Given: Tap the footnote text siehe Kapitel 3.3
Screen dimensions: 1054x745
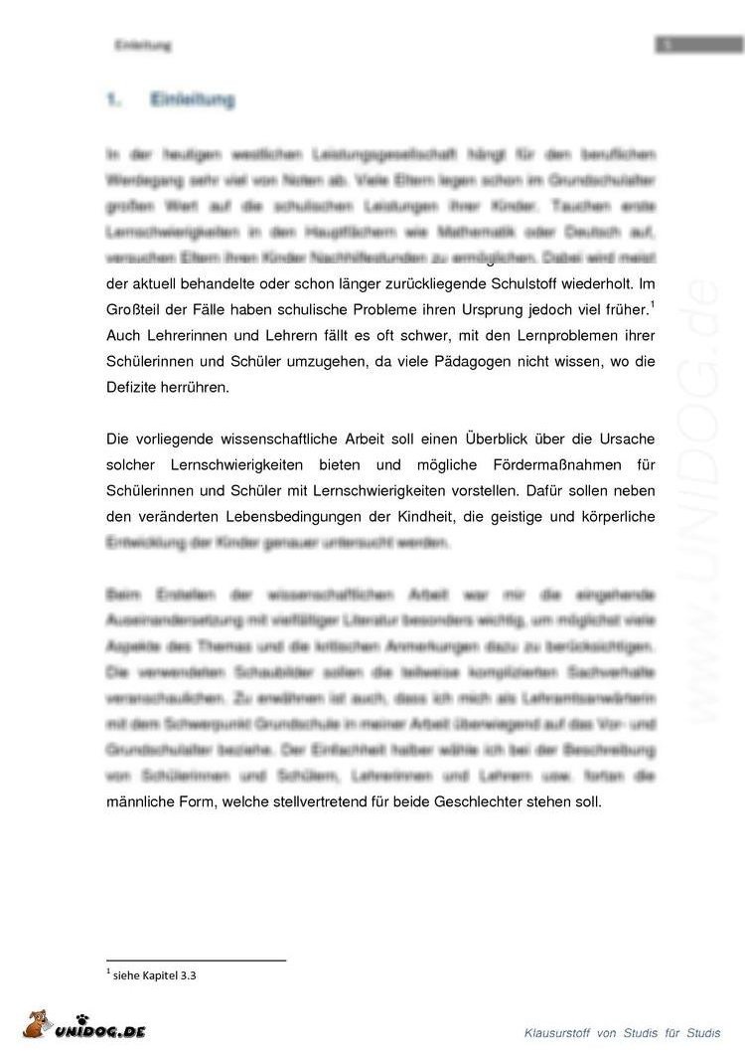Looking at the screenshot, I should [x=154, y=976].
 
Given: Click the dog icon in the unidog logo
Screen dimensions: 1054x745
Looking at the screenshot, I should [x=38, y=1023].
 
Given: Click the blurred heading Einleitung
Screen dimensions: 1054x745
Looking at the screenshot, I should [x=192, y=100].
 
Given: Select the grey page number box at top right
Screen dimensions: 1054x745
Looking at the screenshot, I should [x=698, y=44].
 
